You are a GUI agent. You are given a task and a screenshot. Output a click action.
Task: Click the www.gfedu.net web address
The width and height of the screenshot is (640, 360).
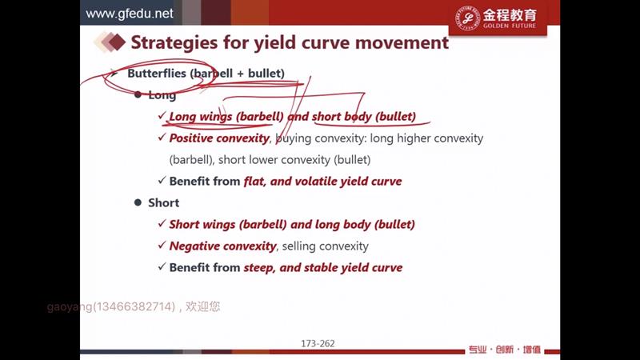click(130, 14)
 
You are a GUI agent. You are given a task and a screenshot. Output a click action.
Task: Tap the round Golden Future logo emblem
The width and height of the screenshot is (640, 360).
click(467, 18)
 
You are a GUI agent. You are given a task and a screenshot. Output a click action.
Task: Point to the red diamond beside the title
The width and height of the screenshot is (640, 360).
click(117, 42)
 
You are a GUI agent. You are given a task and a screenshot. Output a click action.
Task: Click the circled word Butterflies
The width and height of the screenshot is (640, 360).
click(157, 74)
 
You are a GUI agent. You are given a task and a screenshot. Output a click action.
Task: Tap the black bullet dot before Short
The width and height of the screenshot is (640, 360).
click(138, 202)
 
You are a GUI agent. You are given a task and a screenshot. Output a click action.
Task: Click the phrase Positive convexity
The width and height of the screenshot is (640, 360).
click(219, 138)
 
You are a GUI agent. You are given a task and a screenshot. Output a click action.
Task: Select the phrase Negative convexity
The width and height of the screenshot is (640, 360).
click(223, 246)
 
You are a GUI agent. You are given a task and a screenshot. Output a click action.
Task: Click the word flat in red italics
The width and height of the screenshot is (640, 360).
click(254, 182)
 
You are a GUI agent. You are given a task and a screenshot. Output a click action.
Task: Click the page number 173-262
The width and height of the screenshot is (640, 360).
click(318, 344)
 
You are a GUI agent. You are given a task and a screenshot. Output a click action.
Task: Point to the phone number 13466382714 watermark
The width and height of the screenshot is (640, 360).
click(134, 306)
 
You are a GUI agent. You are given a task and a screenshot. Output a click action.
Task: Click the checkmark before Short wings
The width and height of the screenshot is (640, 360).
click(162, 223)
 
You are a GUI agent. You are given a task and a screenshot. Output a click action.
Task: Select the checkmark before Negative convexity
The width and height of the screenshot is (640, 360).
click(162, 245)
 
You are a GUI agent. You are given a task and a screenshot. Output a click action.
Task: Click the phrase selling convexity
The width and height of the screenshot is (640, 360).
click(326, 246)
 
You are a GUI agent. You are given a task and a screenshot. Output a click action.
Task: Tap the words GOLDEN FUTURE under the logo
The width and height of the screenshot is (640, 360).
click(510, 26)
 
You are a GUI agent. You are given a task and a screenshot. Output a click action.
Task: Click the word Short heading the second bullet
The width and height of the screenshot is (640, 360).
click(164, 203)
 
